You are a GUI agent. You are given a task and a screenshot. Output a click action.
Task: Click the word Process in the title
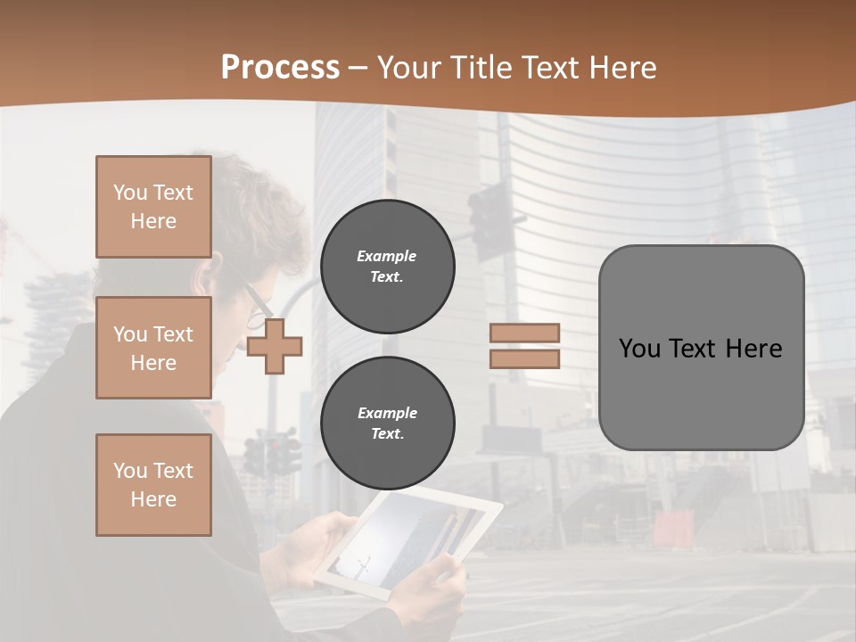[280, 68]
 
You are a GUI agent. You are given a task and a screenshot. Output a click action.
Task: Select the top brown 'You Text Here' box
[153, 207]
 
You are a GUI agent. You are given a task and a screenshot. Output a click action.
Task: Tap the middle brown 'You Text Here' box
[153, 348]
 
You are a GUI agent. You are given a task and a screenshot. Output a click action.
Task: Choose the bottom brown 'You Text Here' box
[153, 484]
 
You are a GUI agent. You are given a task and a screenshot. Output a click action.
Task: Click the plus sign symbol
[275, 346]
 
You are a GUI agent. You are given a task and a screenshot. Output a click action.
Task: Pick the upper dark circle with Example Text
[387, 267]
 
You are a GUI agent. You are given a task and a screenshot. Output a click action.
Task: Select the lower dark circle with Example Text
[387, 424]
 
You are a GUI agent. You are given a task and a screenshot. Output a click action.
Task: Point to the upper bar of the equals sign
[524, 333]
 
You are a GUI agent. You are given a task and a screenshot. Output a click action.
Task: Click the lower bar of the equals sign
[524, 358]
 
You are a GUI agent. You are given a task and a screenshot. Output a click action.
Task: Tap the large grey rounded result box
[701, 348]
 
